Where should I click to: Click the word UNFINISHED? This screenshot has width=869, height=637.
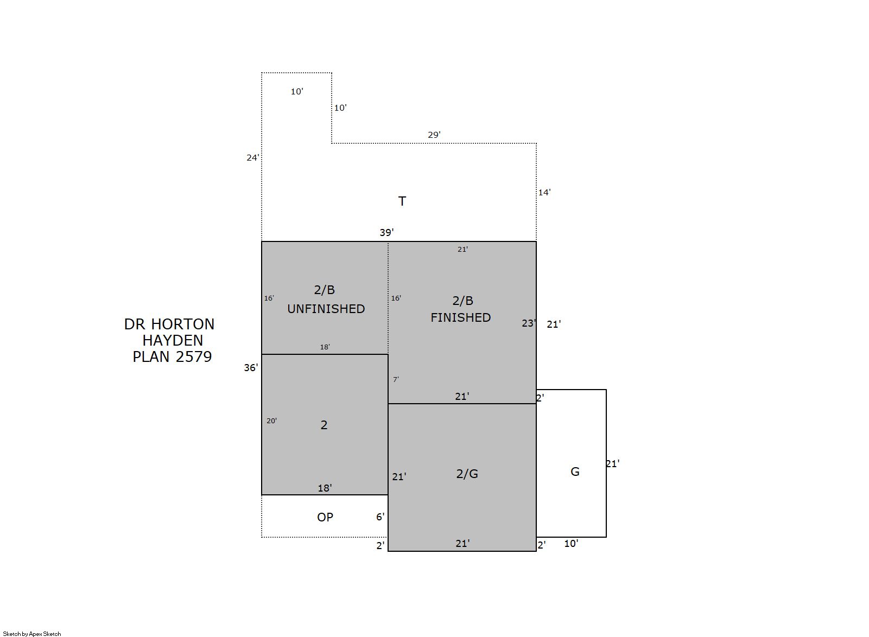click(x=326, y=309)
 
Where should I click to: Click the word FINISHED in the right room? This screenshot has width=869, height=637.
click(x=460, y=318)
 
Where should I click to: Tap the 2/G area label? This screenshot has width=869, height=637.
click(x=467, y=474)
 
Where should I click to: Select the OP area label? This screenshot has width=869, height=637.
click(x=325, y=517)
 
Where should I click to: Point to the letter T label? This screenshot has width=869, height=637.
click(x=402, y=201)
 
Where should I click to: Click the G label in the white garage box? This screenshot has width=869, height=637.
click(x=575, y=472)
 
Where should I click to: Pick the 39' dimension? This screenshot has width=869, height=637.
click(x=387, y=232)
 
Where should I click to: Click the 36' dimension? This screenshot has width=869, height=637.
click(x=251, y=367)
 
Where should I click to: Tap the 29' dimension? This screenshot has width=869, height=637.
click(x=434, y=135)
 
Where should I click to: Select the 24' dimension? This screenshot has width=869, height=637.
click(x=253, y=157)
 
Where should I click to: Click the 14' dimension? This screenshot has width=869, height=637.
click(x=544, y=192)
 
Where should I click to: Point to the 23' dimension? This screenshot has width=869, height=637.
click(x=529, y=323)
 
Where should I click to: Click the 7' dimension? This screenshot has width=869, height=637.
click(x=396, y=380)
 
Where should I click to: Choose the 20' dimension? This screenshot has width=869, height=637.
click(x=271, y=421)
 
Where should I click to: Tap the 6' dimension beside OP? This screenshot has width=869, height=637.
click(x=380, y=517)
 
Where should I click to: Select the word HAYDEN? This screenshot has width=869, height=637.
click(x=173, y=340)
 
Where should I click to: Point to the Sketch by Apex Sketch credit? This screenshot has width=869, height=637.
click(x=32, y=634)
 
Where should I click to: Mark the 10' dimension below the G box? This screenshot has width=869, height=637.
click(x=571, y=544)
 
